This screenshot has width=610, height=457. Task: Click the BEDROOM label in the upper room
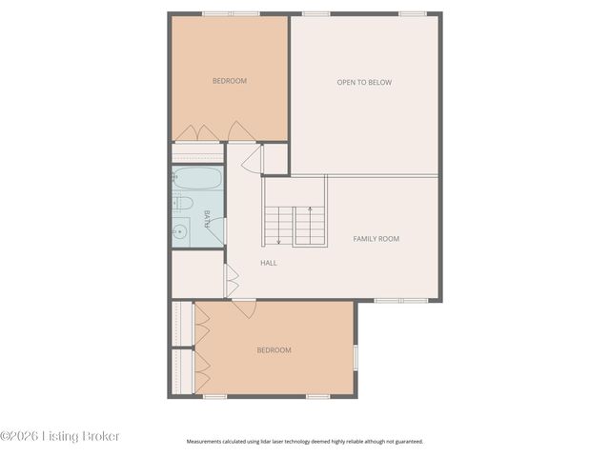click(x=229, y=81)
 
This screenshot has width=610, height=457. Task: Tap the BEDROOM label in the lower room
click(x=274, y=350)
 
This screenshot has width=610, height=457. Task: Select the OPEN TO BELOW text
click(x=364, y=82)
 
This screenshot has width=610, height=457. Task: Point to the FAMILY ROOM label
click(x=376, y=238)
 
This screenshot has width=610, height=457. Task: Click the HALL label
click(x=269, y=263)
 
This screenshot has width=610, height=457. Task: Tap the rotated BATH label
click(x=206, y=221)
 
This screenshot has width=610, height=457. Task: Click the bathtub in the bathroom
click(x=197, y=179)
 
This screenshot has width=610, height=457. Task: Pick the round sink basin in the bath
click(x=180, y=230)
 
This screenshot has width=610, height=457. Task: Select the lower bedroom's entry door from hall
click(x=244, y=308)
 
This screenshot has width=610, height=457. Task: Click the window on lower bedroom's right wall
click(x=356, y=357)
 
